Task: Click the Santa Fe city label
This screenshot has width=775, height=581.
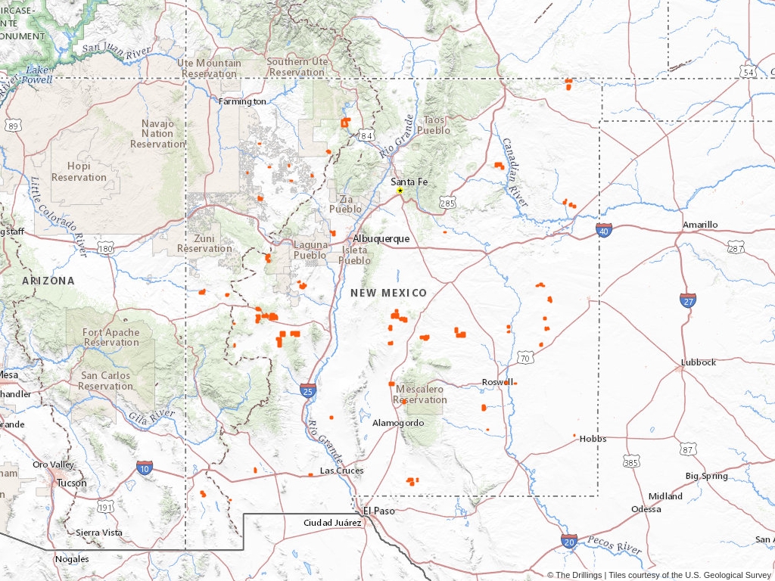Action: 409,182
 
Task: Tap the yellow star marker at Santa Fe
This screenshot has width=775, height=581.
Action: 400,191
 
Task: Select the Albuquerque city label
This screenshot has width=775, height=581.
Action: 381,238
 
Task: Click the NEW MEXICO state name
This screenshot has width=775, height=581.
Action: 388,293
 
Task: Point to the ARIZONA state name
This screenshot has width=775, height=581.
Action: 48,281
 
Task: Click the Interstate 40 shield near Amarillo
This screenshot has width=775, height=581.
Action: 603,230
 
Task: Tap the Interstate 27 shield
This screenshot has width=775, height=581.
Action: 688,300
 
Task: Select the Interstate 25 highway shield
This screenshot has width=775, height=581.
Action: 307,390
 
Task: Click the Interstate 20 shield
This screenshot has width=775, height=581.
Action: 570,541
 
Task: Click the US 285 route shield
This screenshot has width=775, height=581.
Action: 447,203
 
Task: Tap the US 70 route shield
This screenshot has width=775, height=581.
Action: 525,356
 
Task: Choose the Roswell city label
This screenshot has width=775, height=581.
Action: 497,382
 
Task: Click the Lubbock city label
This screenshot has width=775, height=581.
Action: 698,362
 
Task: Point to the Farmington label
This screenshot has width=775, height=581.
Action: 242,101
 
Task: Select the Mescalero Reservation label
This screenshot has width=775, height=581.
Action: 421,394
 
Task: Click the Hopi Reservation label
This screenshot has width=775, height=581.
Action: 79,172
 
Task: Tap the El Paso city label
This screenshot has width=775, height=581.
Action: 380,511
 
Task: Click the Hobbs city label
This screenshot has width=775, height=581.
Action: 593,439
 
